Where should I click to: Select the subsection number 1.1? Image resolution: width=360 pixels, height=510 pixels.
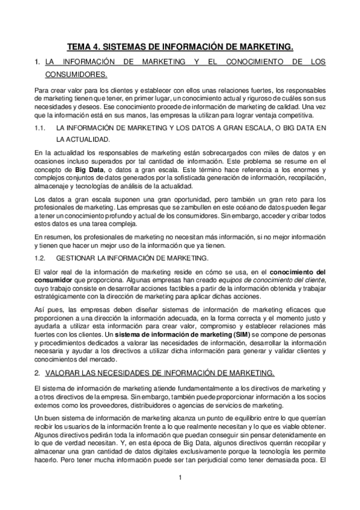tap(40, 128)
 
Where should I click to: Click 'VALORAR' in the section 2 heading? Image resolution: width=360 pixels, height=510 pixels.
tap(63, 372)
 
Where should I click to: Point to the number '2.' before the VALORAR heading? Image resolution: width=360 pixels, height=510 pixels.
tap(37, 372)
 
